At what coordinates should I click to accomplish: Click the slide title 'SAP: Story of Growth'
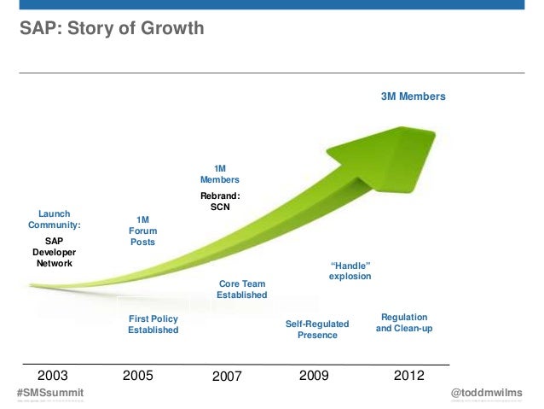[112, 29]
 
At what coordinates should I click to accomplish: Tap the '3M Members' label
[413, 97]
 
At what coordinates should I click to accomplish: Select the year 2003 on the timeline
[53, 375]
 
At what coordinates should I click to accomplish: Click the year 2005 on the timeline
[138, 375]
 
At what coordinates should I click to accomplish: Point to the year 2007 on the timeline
[228, 376]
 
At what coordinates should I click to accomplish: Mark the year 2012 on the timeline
[407, 375]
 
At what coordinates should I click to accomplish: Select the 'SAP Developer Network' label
[54, 253]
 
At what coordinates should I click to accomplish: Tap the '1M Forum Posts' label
[143, 231]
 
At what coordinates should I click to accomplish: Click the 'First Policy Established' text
[153, 324]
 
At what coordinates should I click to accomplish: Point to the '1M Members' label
[219, 174]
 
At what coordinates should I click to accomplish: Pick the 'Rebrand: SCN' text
[219, 202]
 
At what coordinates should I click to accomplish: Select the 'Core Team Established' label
[241, 289]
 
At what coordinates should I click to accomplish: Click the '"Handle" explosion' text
[350, 271]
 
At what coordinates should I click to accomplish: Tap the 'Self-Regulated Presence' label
[317, 330]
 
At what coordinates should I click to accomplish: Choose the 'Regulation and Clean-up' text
[404, 323]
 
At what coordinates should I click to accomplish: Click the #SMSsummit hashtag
[50, 391]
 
